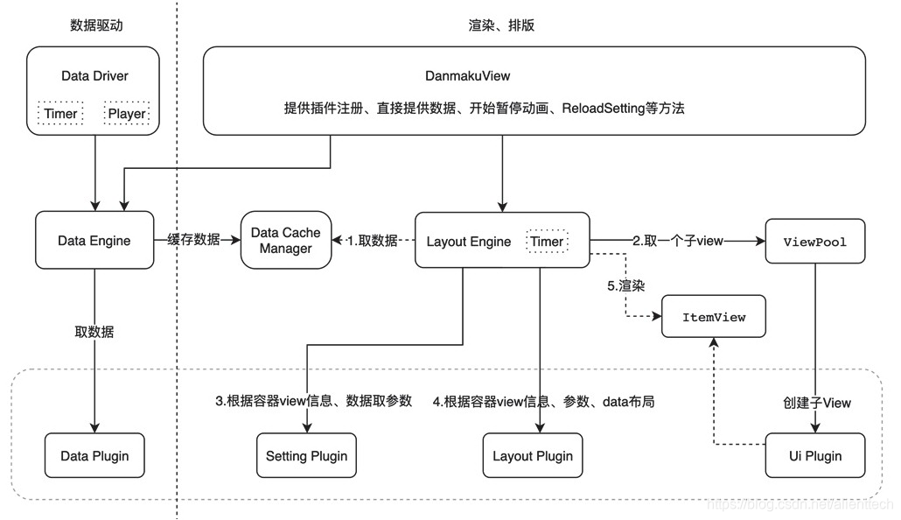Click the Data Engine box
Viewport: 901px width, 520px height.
[x=94, y=241]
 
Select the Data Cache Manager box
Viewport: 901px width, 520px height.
[x=286, y=241]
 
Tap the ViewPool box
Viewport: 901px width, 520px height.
[x=815, y=241]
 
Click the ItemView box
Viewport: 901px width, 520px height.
[x=714, y=317]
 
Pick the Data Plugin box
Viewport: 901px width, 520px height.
[x=94, y=455]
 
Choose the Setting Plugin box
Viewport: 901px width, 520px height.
[x=306, y=455]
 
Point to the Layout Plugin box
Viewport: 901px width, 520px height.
[x=533, y=455]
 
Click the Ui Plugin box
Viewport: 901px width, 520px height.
[x=815, y=455]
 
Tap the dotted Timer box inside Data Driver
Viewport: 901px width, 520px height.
[x=60, y=114]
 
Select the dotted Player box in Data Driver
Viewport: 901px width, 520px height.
[x=126, y=114]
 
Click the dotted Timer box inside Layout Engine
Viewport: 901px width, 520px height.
[x=547, y=241]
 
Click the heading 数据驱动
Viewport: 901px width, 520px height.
[x=96, y=25]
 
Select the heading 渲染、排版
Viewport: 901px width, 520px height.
[x=501, y=25]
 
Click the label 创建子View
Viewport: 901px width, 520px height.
[x=816, y=403]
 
